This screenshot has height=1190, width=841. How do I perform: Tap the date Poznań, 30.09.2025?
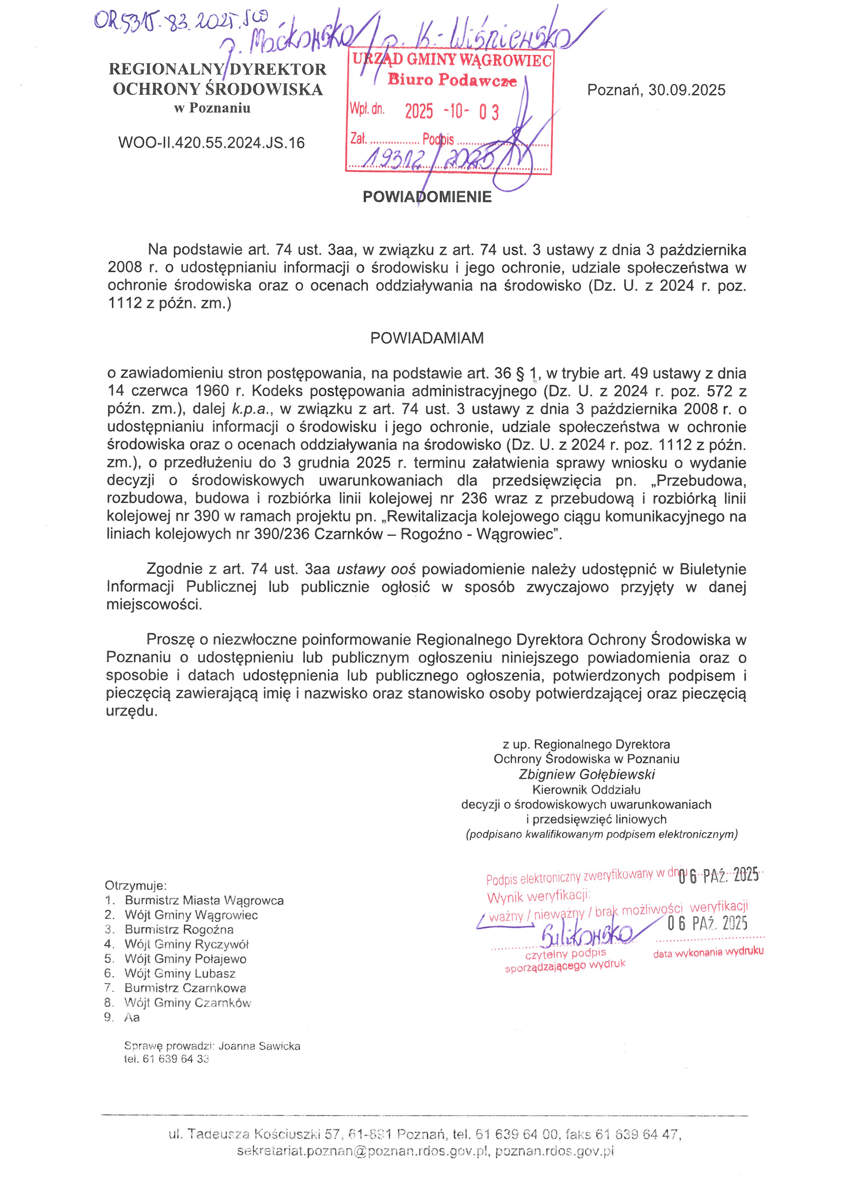click(x=656, y=90)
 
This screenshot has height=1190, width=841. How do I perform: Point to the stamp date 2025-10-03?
click(x=452, y=111)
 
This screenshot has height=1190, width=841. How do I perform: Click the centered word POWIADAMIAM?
click(x=427, y=338)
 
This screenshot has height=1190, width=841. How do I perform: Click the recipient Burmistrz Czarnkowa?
click(x=185, y=988)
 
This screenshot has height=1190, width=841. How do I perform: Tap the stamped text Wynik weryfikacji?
click(x=539, y=896)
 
